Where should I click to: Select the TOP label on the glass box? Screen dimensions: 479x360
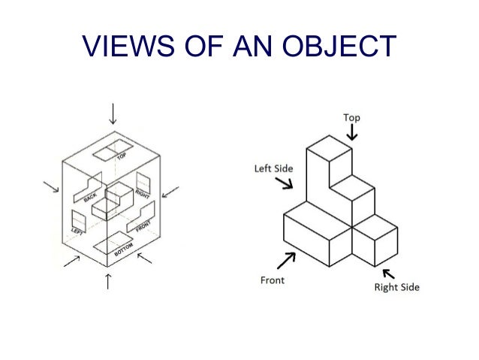click(x=121, y=157)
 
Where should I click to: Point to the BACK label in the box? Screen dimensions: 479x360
click(x=91, y=196)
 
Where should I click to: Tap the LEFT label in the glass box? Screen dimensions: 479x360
click(x=77, y=230)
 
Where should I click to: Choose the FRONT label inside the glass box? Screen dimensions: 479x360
click(x=143, y=223)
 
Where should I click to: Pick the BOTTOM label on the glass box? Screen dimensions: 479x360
click(x=124, y=253)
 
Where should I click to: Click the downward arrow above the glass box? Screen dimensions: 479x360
click(x=113, y=113)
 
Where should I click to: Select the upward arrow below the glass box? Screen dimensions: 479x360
click(x=109, y=282)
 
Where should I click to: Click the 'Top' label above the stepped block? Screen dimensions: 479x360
click(x=351, y=117)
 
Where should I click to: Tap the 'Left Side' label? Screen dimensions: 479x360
click(x=273, y=168)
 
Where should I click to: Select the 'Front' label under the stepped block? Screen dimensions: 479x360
click(x=272, y=280)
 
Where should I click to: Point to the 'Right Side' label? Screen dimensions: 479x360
click(x=396, y=287)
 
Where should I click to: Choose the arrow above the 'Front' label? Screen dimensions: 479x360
click(x=285, y=260)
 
